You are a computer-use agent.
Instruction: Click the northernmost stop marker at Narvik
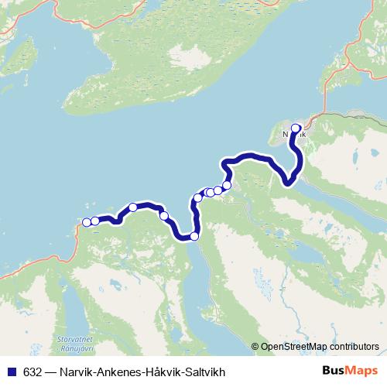296,129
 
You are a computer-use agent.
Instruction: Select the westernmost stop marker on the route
87,223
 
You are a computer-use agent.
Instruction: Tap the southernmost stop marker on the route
194,236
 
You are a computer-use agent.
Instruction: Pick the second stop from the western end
95,221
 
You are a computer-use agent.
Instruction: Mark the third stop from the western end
133,207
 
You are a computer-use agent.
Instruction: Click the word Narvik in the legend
75,370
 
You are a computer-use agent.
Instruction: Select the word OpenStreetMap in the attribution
294,348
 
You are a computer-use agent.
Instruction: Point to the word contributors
354,348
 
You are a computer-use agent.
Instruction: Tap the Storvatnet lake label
75,338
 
